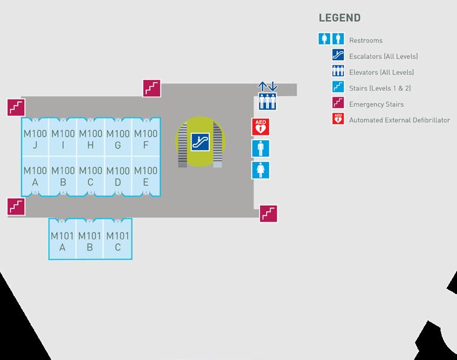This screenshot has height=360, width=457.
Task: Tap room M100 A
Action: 35,176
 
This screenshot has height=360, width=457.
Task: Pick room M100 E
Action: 145,176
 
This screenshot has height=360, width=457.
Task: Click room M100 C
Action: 90,176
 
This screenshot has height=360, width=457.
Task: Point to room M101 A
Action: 62,242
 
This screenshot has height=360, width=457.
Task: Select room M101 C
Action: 117,242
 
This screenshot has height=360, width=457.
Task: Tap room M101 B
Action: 90,242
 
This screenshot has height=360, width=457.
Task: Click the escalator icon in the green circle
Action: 200,141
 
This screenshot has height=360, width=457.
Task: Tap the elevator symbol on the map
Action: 268,101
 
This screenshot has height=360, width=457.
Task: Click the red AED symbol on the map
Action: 261,127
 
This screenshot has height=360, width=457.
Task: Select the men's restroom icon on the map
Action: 261,148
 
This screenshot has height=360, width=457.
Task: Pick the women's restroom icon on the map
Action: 261,170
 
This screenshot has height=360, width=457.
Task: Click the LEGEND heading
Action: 340,18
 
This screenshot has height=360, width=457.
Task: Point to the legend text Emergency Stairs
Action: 376,104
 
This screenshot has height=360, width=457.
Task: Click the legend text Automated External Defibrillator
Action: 399,120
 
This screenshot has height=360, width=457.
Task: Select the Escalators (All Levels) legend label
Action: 383,57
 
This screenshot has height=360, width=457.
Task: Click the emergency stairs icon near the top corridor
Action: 152,88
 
